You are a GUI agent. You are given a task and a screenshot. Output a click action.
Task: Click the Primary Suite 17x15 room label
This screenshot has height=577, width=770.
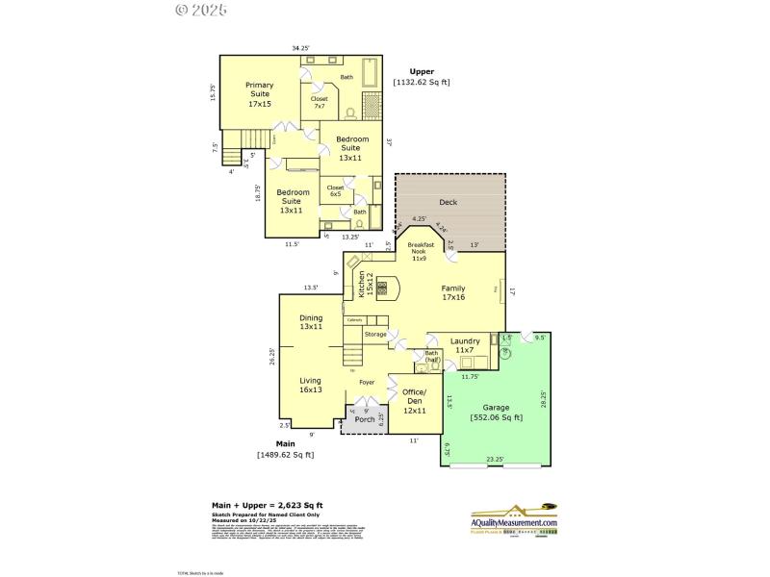tap(259, 93)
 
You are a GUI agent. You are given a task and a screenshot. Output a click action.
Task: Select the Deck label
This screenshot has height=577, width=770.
tap(448, 203)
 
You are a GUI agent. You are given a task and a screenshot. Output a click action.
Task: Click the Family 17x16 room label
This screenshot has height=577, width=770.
tap(453, 292)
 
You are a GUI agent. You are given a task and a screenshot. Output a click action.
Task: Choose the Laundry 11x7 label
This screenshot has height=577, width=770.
tap(465, 344)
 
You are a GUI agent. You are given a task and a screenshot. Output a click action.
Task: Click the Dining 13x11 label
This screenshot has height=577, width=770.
tap(310, 322)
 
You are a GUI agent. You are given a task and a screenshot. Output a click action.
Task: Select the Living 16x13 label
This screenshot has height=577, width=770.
tap(310, 386)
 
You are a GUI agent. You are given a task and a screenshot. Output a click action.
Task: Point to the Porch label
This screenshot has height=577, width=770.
tap(365, 419)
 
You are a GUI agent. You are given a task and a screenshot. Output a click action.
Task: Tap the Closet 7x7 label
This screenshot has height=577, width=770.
tap(320, 102)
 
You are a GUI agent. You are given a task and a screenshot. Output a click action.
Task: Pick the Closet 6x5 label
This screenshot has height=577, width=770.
tap(335, 190)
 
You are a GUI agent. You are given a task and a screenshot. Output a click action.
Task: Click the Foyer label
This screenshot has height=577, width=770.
tap(367, 382)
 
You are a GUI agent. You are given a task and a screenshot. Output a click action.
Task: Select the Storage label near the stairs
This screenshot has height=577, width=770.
tap(375, 334)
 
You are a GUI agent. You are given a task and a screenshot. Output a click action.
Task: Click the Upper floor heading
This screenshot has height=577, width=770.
tap(422, 71)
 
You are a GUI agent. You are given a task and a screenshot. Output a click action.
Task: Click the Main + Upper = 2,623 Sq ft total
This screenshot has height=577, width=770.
tap(267, 505)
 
